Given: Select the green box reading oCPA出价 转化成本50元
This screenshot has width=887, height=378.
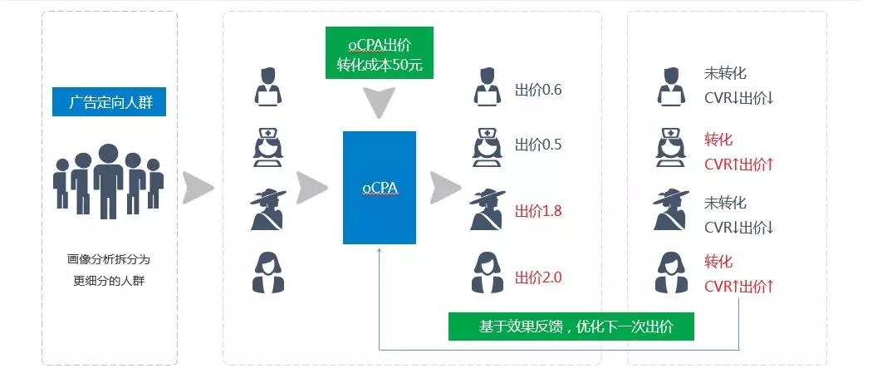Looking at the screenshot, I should click(379, 53).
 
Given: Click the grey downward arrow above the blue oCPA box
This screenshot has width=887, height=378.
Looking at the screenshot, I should click(379, 103).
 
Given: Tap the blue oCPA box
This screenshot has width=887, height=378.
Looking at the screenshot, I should click(379, 188).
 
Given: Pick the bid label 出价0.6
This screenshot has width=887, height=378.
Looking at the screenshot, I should click(538, 90).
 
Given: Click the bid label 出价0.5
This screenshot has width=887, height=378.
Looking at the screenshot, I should click(538, 144).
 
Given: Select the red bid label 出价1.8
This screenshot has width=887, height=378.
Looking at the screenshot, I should click(538, 211).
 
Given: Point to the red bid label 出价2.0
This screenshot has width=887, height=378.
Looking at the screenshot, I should click(538, 277).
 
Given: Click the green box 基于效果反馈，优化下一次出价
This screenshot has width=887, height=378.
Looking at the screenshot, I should click(571, 326).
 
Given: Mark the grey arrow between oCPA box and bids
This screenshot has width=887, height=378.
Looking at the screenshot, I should click(444, 188).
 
